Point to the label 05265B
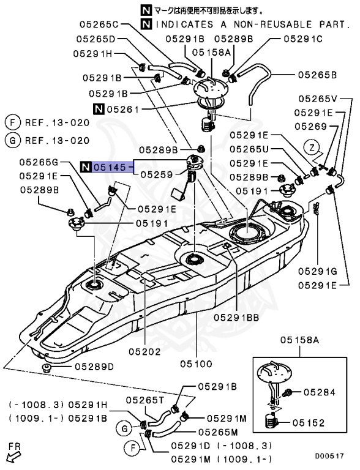coord(318,75)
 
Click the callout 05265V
coord(318,99)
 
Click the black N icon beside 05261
coord(99,110)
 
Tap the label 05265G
coord(38,162)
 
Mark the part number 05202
coord(144,352)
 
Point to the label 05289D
coord(94,367)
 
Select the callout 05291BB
coord(236,316)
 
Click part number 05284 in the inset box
coord(320,392)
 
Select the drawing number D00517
coord(330,456)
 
